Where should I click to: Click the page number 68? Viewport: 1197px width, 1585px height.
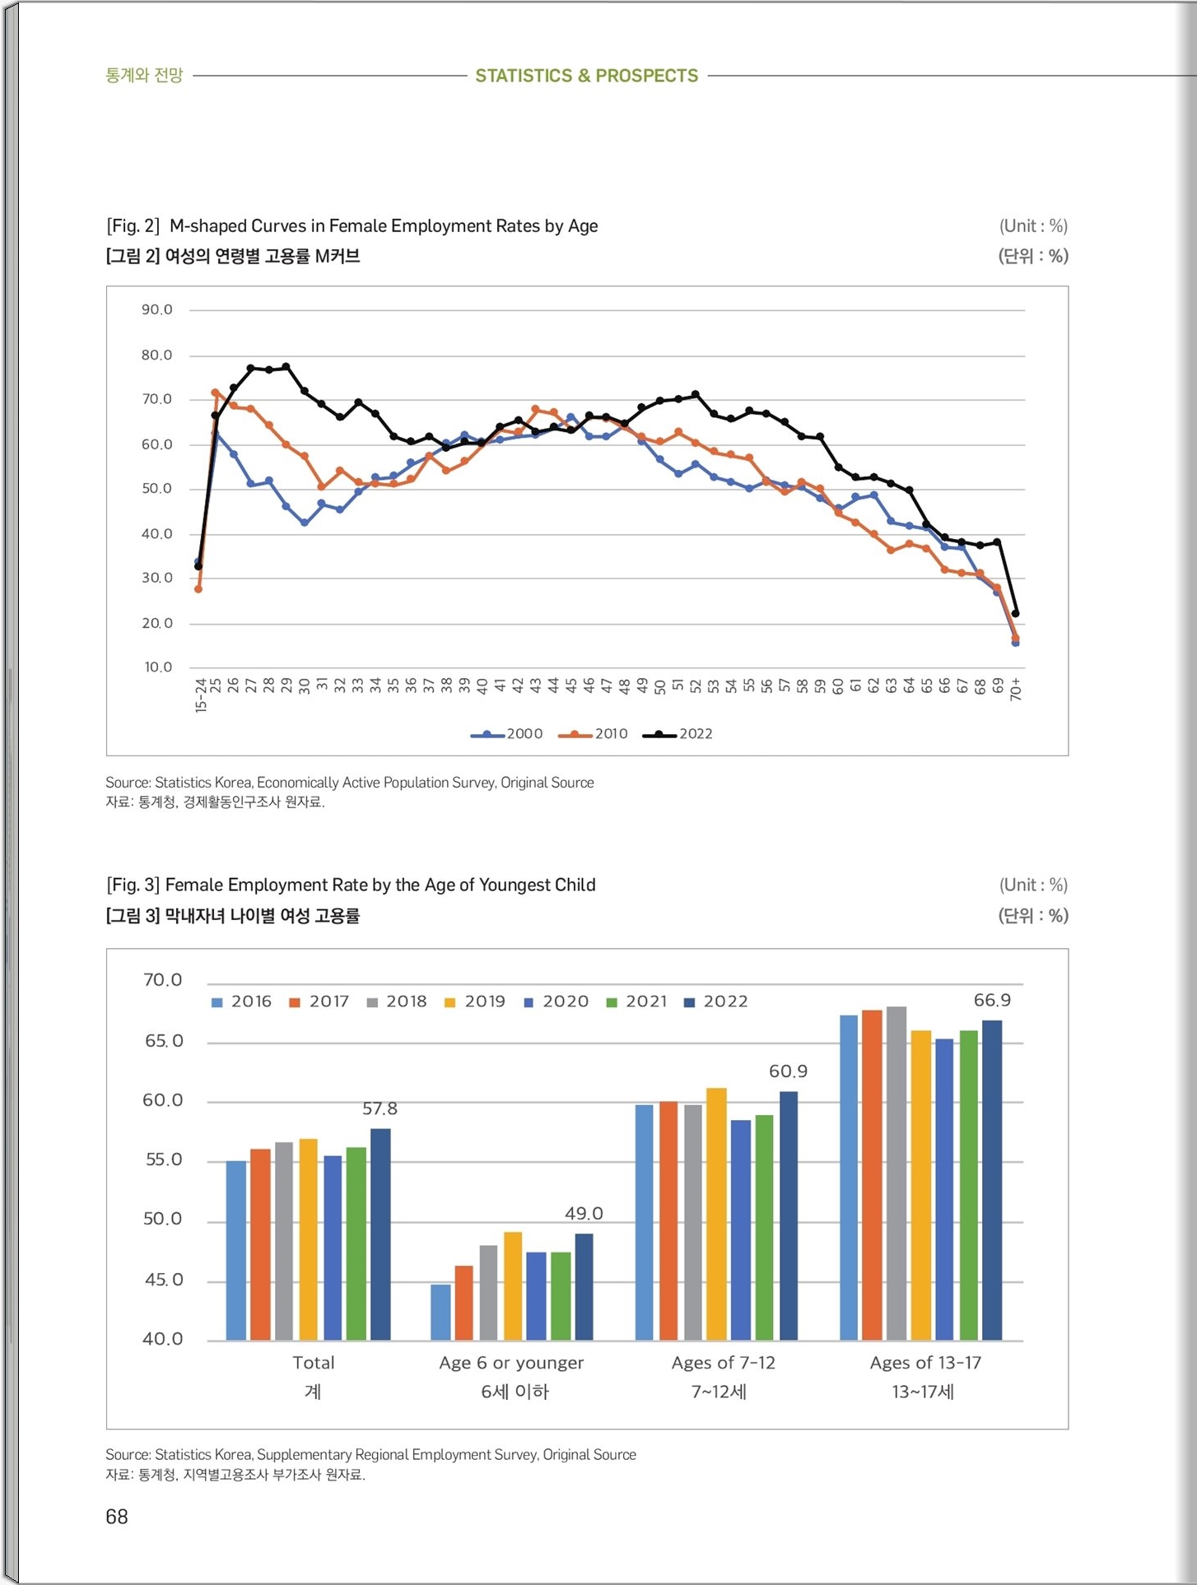(x=116, y=1517)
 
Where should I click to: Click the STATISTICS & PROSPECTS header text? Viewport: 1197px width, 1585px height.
(x=586, y=76)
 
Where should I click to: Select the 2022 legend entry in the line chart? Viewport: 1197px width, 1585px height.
(x=678, y=733)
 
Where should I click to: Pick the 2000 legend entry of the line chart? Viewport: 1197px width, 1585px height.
(x=506, y=733)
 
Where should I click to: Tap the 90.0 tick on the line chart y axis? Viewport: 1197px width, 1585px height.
(x=157, y=309)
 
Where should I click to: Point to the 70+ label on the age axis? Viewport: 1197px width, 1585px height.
(x=1016, y=690)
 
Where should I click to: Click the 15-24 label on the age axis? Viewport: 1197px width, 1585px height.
(x=200, y=695)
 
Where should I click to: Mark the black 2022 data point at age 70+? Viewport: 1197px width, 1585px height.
(x=1015, y=614)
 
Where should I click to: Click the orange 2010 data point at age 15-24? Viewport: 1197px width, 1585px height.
(x=198, y=589)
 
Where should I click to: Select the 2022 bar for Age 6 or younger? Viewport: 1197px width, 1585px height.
(x=584, y=1287)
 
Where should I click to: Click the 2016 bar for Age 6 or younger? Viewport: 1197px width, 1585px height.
(x=440, y=1313)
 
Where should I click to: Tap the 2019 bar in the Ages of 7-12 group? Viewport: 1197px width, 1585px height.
(x=716, y=1215)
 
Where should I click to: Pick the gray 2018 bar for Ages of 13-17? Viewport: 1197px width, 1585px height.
(x=897, y=1174)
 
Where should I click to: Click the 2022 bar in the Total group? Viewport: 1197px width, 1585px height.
(x=380, y=1234)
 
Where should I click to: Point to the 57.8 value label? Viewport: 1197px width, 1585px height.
(x=380, y=1109)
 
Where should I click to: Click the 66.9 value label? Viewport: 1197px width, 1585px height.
(x=992, y=1000)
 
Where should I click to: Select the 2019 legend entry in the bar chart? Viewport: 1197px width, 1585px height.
(x=475, y=1002)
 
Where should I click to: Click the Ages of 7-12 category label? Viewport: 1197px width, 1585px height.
(x=723, y=1363)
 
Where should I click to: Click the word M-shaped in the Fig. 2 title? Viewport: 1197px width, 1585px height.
(x=208, y=226)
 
